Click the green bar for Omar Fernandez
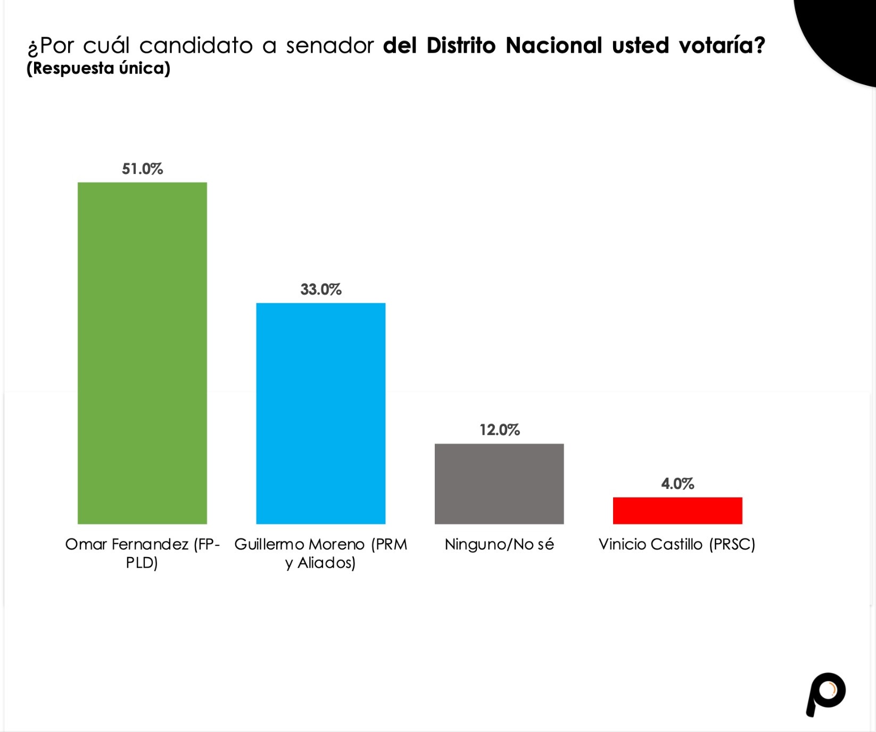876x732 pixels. click(142, 353)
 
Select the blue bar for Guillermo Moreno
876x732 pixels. click(320, 413)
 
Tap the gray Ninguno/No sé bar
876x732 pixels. click(499, 484)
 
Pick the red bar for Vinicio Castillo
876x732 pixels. click(677, 511)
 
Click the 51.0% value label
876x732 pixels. click(142, 169)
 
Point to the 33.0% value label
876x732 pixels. click(320, 289)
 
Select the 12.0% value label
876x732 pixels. click(499, 430)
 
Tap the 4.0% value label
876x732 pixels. click(677, 484)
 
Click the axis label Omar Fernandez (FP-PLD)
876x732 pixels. click(142, 553)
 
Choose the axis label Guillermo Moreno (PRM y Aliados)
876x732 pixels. click(320, 553)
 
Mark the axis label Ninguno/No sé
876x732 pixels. click(499, 544)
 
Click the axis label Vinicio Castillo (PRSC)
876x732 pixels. click(677, 544)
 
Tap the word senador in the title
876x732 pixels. click(330, 46)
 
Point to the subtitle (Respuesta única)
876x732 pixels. click(98, 69)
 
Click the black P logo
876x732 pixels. click(825, 694)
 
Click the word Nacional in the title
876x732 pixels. click(553, 46)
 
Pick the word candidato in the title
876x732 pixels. click(196, 46)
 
